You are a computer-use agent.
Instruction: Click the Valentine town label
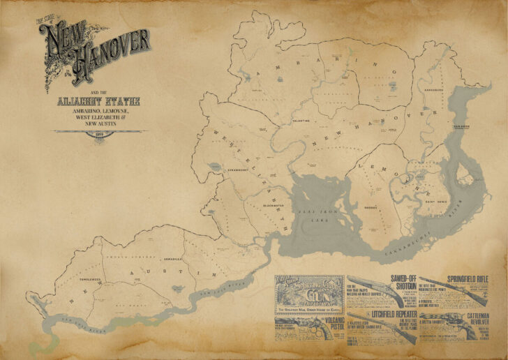coord(301,121)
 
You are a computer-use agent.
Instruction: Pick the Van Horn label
coord(461,127)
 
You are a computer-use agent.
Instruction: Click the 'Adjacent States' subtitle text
coord(98,102)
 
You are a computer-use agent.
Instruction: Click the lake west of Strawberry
coord(213,166)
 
